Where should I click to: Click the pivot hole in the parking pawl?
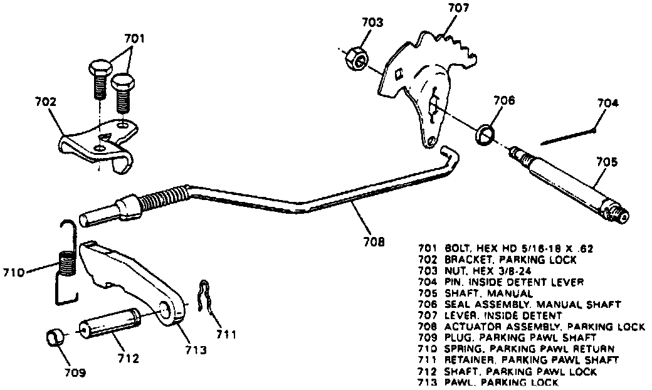click(166, 312)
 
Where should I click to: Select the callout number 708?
click(373, 240)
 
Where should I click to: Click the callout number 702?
click(45, 101)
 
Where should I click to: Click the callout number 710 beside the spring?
click(14, 273)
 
